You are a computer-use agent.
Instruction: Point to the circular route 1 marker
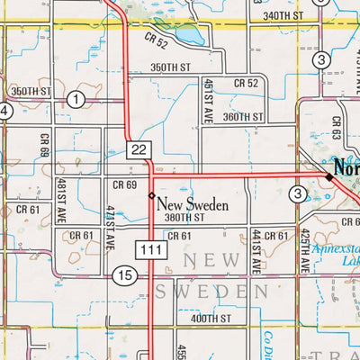tap(77, 98)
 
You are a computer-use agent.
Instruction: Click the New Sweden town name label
tap(193, 203)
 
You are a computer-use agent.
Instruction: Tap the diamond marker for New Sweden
tap(151, 196)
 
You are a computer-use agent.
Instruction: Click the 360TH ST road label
tap(245, 117)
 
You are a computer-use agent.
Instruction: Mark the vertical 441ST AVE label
tap(256, 250)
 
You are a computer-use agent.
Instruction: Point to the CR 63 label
tap(337, 126)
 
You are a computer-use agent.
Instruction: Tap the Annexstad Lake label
tap(337, 258)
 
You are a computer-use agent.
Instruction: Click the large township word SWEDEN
tap(211, 292)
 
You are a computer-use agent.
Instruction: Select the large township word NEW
tap(211, 260)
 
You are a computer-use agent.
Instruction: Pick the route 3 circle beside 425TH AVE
tap(298, 193)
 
